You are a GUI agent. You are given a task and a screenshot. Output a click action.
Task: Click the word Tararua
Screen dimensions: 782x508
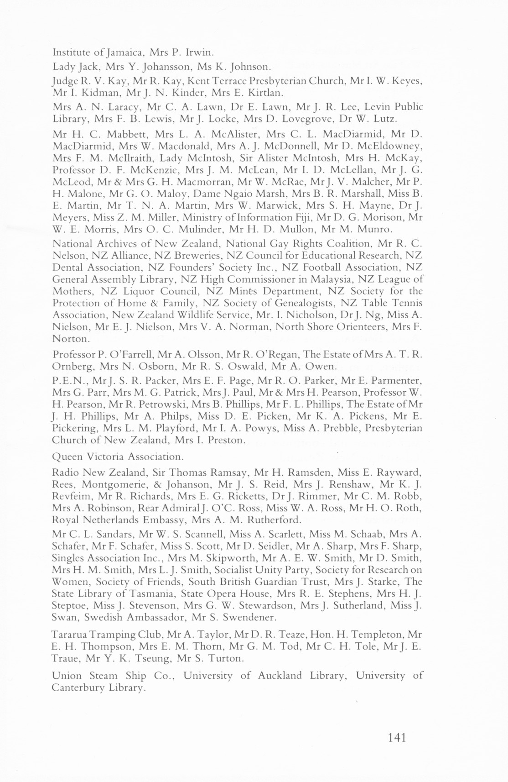[x=70, y=635]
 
